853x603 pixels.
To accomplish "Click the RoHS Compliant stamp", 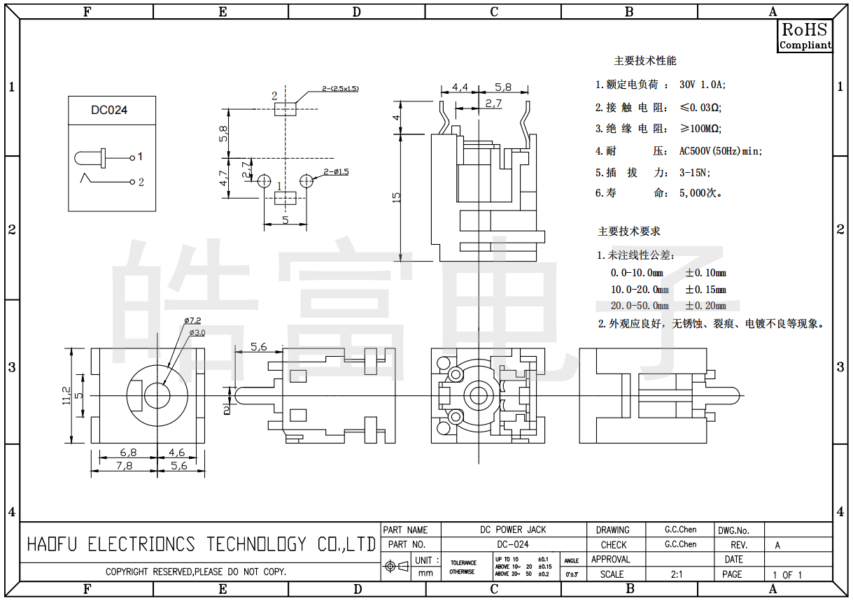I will [x=805, y=36].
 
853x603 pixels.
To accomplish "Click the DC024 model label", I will [x=109, y=111].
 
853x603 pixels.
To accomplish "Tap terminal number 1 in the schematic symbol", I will [x=141, y=157].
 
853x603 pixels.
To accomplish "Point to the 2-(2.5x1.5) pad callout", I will [x=340, y=89].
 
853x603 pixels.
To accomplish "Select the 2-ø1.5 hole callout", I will [x=336, y=171].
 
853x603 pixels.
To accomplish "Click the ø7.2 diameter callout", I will [x=192, y=320].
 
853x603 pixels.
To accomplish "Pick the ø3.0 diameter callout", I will [x=197, y=332].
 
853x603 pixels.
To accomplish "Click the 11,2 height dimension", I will [x=66, y=395].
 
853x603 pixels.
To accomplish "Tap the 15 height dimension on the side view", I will [x=397, y=197].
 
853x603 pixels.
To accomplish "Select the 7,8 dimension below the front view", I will [x=124, y=465].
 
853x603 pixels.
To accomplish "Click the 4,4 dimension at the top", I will [x=460, y=87].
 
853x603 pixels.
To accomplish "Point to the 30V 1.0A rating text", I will [x=703, y=85].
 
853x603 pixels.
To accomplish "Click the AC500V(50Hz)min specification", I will [x=720, y=151].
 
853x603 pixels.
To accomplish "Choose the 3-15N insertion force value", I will [x=695, y=173].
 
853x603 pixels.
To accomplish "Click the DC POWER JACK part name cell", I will [x=513, y=530].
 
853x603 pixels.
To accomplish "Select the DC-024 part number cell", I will [x=513, y=544].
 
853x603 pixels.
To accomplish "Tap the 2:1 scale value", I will [x=677, y=574].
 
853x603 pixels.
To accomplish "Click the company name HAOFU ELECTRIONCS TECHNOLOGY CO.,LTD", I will [x=201, y=544].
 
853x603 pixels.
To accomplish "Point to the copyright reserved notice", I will [x=196, y=572].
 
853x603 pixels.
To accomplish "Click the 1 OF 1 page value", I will [x=787, y=575].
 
